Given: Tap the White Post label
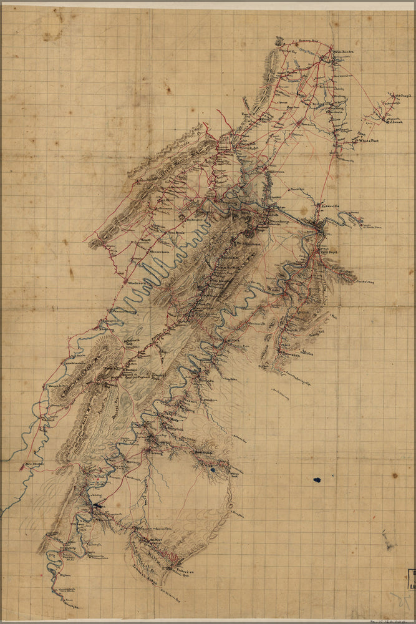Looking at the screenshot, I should pos(368,141).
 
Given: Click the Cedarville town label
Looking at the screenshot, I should pos(331,204).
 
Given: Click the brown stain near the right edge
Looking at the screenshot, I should pos(395,475).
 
